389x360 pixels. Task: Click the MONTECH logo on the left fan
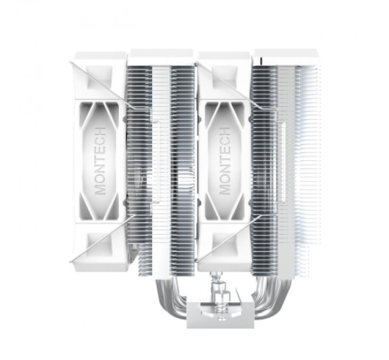point(101,161)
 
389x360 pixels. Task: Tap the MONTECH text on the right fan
point(225,161)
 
